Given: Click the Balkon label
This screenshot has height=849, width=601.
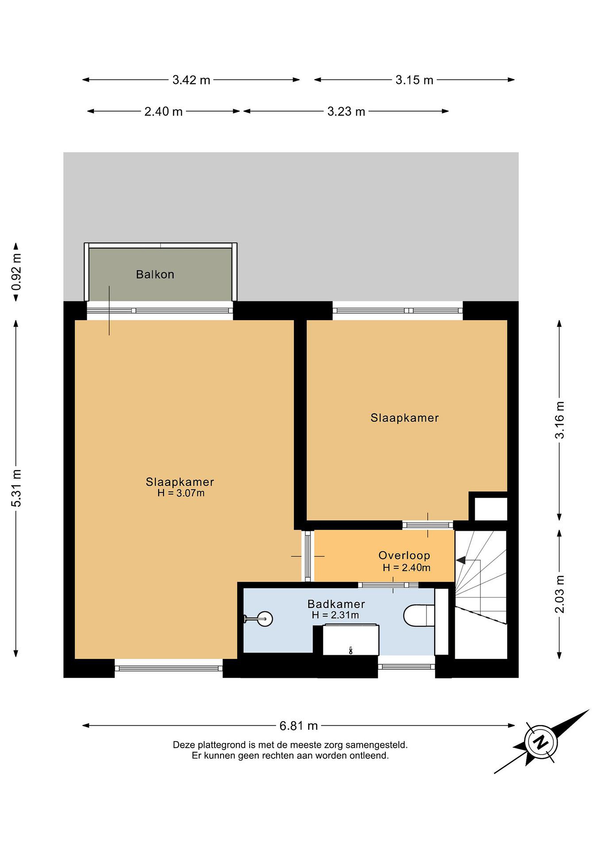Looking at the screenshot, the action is point(155,274).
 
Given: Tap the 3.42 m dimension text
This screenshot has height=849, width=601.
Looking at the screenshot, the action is point(191,80).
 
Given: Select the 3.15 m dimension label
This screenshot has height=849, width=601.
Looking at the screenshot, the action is point(414,80).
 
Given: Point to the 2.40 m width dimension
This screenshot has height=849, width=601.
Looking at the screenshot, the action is point(163,111).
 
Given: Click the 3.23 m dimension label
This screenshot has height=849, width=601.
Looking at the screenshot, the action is point(346,111).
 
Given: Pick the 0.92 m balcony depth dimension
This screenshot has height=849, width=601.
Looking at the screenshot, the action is point(17,272).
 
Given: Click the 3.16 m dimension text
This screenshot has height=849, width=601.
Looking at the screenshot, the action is point(560,420).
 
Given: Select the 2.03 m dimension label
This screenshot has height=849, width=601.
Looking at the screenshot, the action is point(560,594).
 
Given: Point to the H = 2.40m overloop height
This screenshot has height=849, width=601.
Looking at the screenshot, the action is point(406,567).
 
